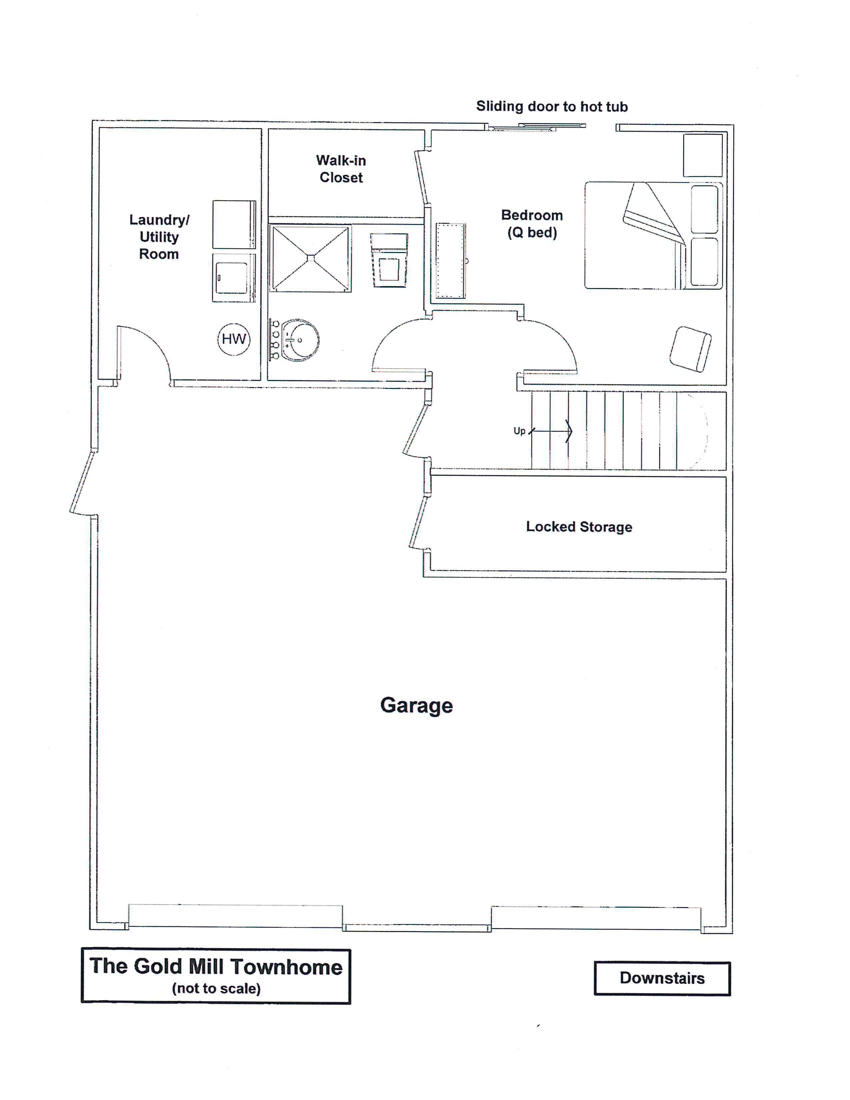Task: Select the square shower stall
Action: pos(311,258)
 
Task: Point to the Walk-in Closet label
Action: pos(341,169)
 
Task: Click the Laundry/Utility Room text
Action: pos(159,237)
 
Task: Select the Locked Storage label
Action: pos(579,527)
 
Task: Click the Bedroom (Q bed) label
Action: pos(532,224)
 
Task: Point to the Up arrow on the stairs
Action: pos(550,431)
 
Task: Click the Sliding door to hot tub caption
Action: pos(552,106)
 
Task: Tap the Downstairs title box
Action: pos(662,978)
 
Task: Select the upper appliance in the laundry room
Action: pos(234,225)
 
